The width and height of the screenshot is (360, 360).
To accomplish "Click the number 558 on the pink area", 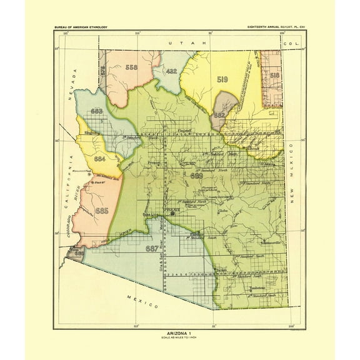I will [x=131, y=67].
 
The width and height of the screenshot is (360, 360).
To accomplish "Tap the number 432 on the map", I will [x=172, y=71].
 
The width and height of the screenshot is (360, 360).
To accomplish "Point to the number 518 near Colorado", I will [x=274, y=74].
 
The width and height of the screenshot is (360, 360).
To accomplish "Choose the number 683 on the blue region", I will [x=97, y=111].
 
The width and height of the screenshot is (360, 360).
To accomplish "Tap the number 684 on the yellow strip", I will [x=99, y=159].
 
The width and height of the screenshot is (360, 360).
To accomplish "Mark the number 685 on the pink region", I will [x=103, y=211].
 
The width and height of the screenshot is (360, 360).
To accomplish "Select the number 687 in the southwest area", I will [x=151, y=248].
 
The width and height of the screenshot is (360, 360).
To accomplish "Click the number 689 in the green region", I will [x=196, y=176].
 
